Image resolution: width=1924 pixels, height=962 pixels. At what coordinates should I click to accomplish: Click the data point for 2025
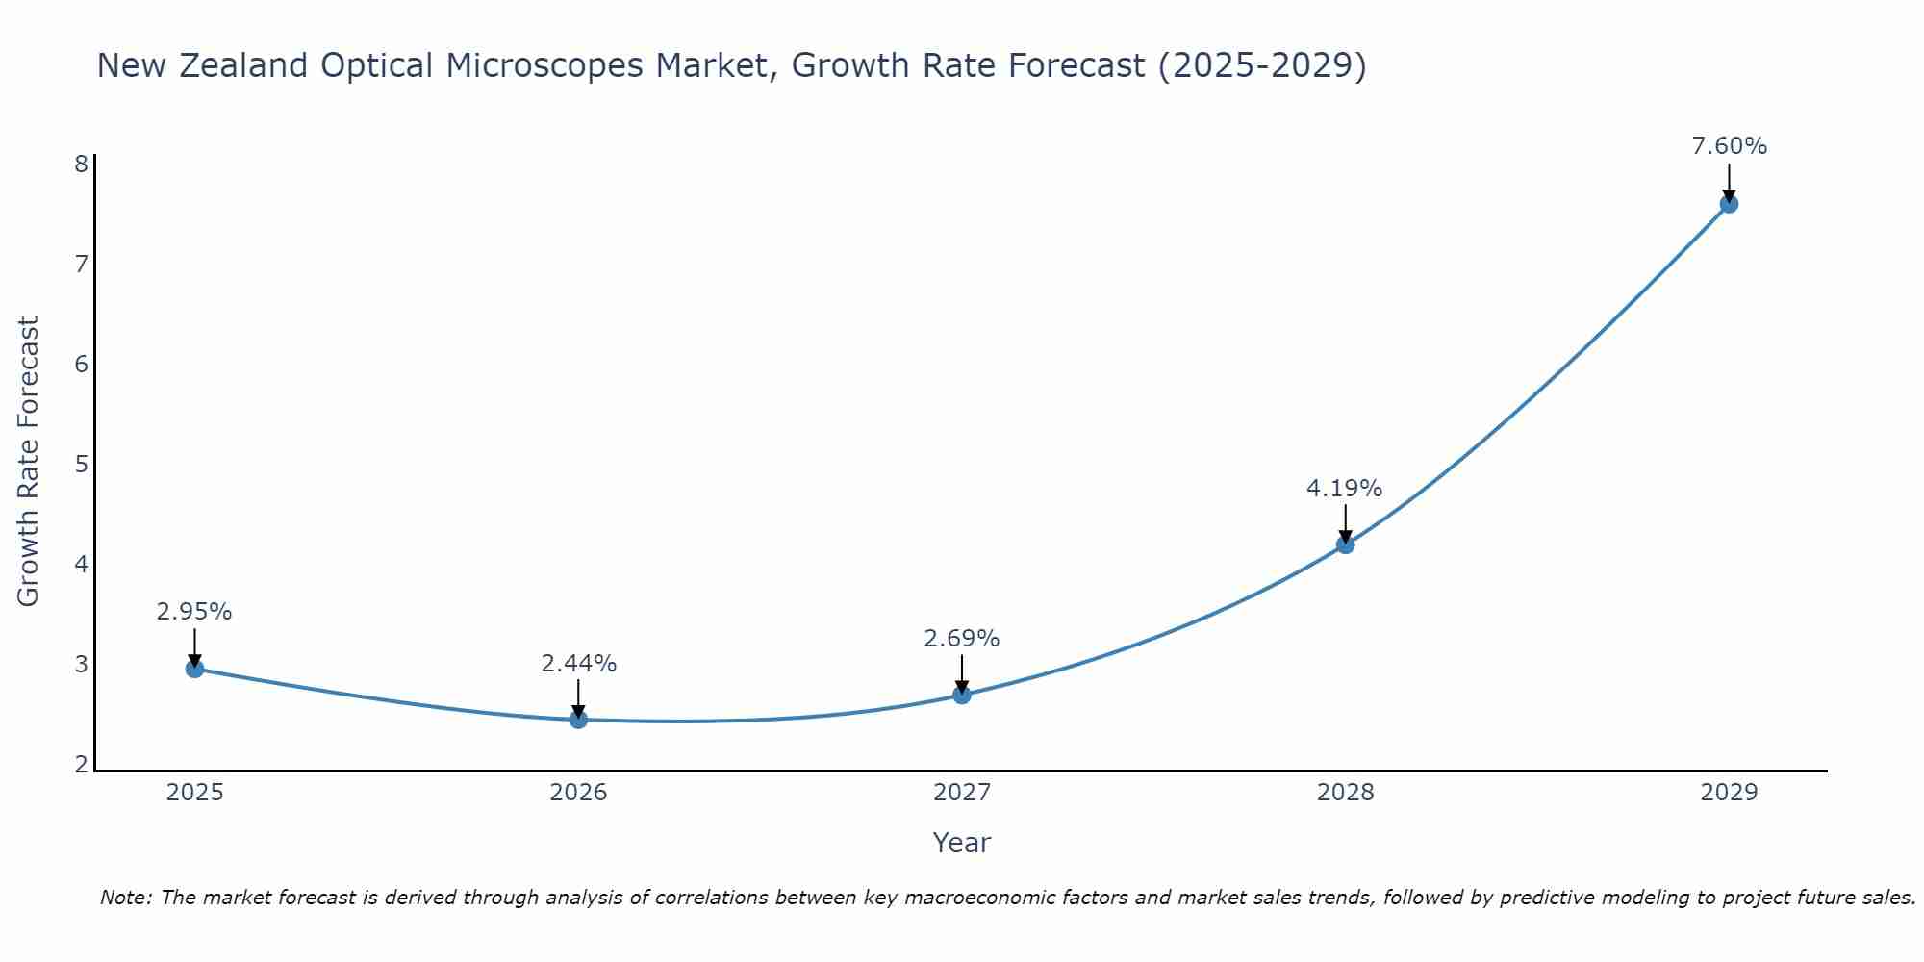pyautogui.click(x=194, y=669)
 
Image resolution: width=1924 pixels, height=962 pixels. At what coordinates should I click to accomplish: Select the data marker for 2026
pyautogui.click(x=578, y=720)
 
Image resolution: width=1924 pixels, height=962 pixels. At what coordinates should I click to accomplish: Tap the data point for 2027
pyautogui.click(x=962, y=695)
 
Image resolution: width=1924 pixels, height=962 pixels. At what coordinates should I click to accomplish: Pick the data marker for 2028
pyautogui.click(x=1345, y=544)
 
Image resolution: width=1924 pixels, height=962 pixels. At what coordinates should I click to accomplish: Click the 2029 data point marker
pyautogui.click(x=1729, y=204)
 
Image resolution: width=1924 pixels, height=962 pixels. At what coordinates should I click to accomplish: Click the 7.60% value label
pyautogui.click(x=1729, y=146)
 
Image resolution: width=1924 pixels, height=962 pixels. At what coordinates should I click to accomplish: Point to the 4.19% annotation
pyautogui.click(x=1344, y=489)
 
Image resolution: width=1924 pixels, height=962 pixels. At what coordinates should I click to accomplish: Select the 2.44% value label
pyautogui.click(x=578, y=664)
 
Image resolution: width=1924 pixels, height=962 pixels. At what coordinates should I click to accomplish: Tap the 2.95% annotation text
pyautogui.click(x=194, y=612)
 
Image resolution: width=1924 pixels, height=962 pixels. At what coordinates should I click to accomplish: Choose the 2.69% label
pyautogui.click(x=962, y=639)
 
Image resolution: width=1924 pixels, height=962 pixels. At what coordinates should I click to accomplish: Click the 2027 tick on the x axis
pyautogui.click(x=962, y=793)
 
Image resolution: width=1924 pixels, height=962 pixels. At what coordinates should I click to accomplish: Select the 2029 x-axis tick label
pyautogui.click(x=1729, y=793)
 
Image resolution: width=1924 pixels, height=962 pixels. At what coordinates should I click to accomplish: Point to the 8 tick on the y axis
pyautogui.click(x=82, y=164)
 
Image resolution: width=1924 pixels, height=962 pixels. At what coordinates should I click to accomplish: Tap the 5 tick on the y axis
pyautogui.click(x=82, y=465)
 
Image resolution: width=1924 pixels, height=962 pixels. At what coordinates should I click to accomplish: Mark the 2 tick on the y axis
pyautogui.click(x=82, y=765)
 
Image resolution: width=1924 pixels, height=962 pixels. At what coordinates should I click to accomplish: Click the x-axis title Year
pyautogui.click(x=962, y=843)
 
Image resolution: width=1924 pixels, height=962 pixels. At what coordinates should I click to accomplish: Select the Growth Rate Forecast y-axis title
pyautogui.click(x=29, y=462)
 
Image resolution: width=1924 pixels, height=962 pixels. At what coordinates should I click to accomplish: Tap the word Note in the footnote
pyautogui.click(x=124, y=898)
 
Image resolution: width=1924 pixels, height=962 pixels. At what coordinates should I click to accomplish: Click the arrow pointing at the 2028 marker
pyautogui.click(x=1345, y=524)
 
